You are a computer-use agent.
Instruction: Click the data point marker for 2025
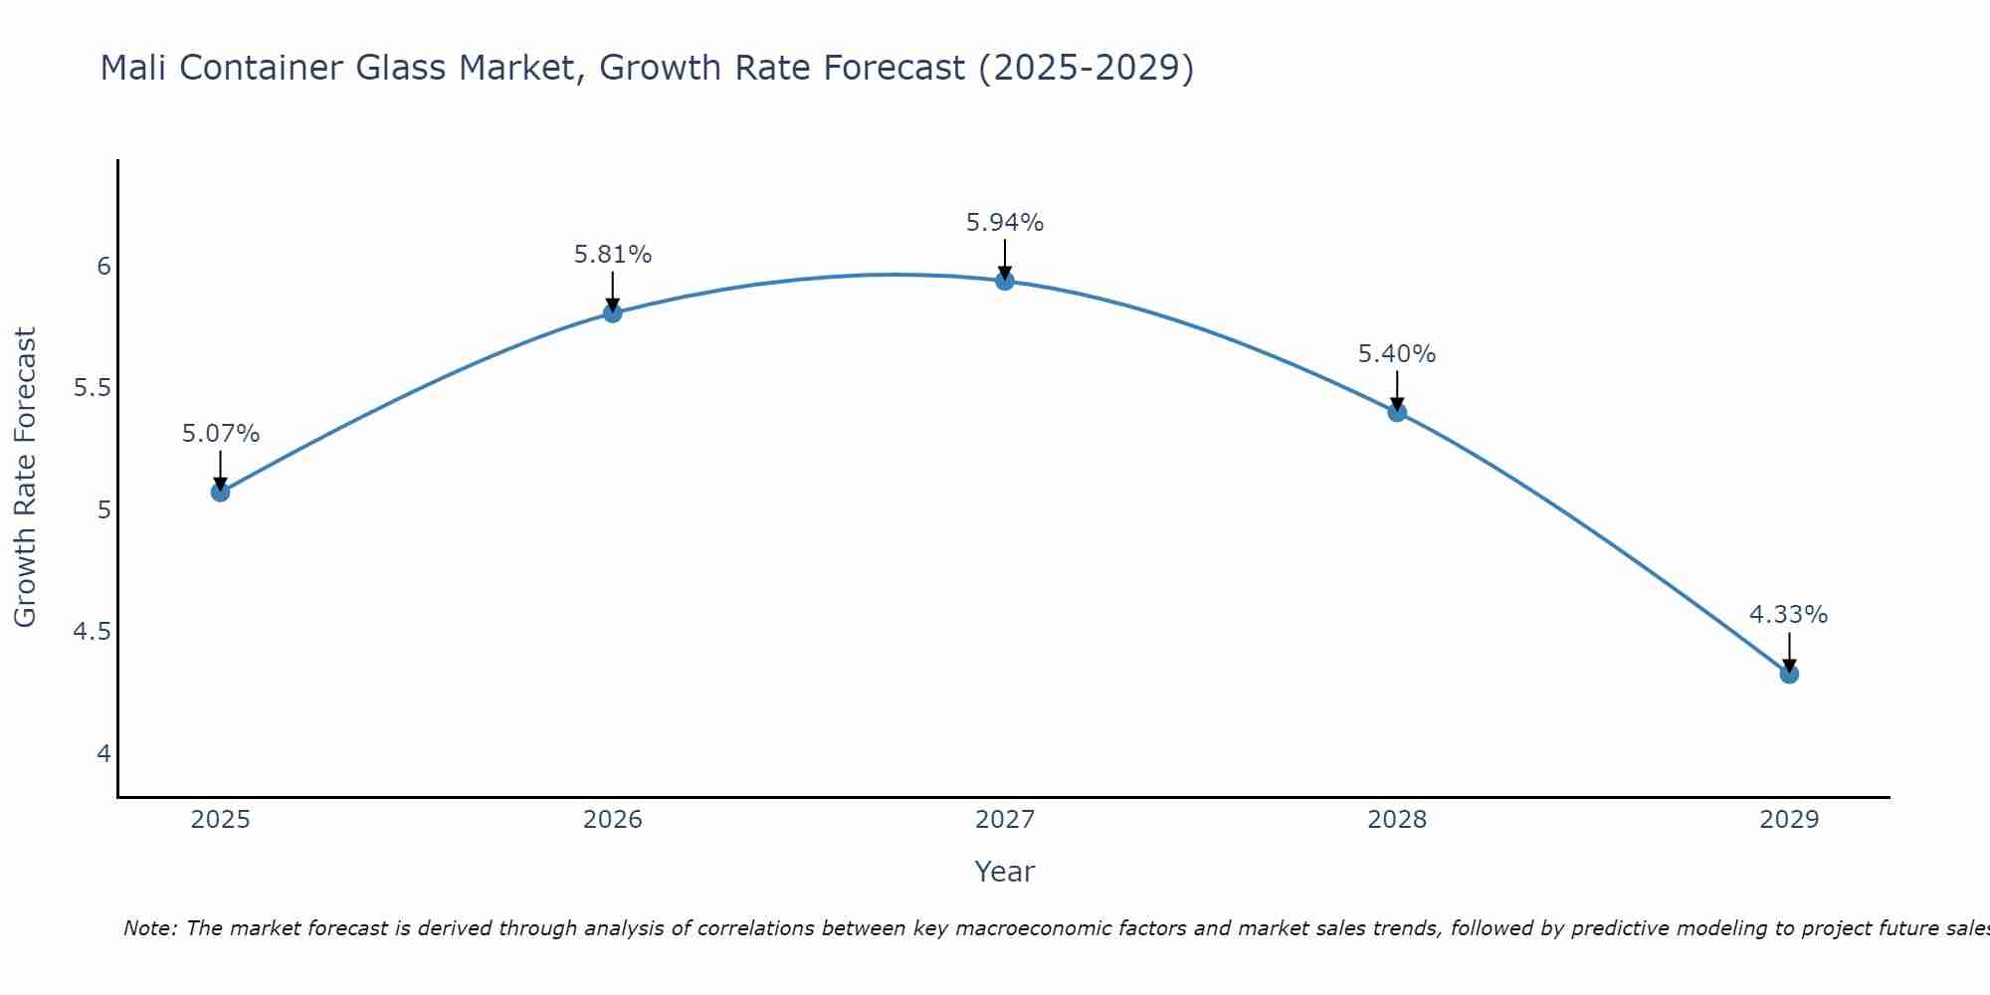(221, 492)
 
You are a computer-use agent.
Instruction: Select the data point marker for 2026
(613, 313)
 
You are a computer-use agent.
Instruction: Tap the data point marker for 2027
(1005, 282)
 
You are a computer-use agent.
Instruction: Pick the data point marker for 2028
(1397, 412)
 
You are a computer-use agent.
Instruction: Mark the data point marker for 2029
(1789, 674)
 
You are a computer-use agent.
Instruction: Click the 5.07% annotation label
(221, 434)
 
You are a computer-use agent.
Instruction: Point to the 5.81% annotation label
(613, 255)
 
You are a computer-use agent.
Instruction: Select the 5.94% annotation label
(1005, 223)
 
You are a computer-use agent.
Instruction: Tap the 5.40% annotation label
(1397, 354)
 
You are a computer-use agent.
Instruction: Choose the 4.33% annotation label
(1789, 615)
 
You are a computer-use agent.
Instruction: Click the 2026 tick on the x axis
(613, 820)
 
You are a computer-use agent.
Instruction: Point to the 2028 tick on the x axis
(1397, 820)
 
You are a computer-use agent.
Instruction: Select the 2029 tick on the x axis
(1789, 820)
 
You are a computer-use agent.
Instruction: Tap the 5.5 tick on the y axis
(92, 388)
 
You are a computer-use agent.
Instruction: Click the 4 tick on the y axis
(103, 753)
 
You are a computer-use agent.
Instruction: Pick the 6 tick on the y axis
(103, 266)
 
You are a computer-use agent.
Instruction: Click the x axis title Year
(1005, 872)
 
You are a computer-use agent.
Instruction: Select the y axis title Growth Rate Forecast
(25, 477)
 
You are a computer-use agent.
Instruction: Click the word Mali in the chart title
(133, 68)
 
